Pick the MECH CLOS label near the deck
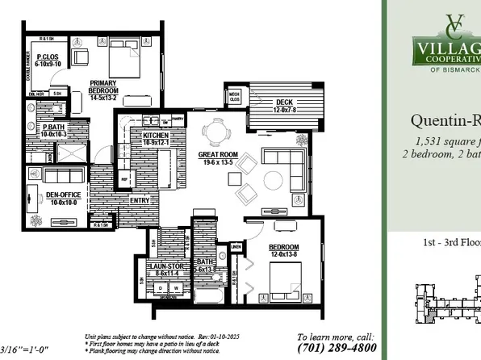pyautogui.click(x=235, y=95)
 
